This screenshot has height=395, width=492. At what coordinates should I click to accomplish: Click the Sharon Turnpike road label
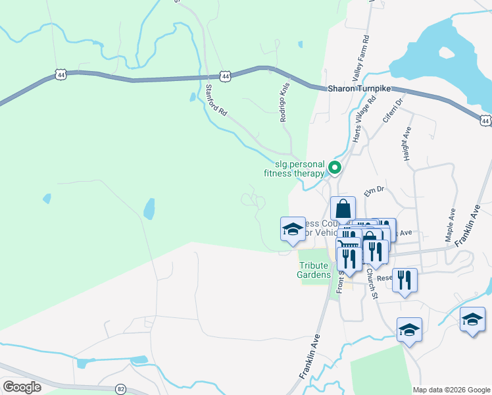pos(359,88)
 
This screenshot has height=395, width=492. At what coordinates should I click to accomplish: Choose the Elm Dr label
pos(373,192)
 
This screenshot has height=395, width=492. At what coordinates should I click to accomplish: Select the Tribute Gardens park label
pos(310,270)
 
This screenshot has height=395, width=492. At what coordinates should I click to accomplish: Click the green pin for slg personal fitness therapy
pos(335,168)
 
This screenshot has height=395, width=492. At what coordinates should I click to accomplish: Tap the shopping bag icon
pos(343,209)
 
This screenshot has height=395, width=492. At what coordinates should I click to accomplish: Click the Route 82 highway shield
pos(120,389)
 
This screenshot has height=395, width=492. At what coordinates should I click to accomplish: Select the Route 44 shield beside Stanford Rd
pos(226,77)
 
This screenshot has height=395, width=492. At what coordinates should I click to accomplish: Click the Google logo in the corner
pos(22,387)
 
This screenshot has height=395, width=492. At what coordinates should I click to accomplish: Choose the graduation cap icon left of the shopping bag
pos(293,229)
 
